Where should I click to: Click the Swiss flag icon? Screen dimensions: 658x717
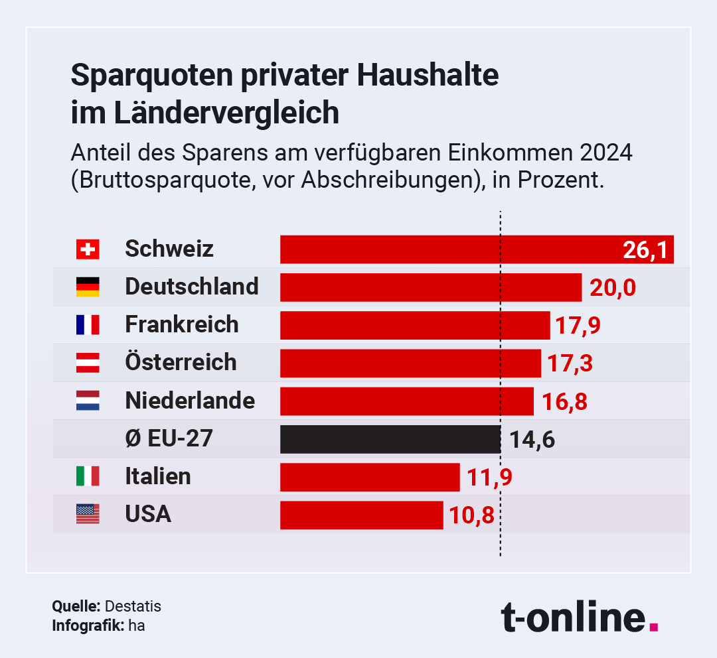(88, 249)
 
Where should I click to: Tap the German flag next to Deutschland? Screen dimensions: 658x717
(88, 287)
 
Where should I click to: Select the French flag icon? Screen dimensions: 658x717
(88, 324)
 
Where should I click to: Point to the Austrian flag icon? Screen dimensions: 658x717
(88, 362)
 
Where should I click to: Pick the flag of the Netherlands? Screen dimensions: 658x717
(88, 401)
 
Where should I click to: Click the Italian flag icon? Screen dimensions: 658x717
(88, 476)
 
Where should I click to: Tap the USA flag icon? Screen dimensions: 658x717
(88, 514)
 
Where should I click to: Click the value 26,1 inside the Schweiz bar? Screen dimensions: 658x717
(645, 250)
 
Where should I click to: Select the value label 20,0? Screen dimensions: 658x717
(612, 288)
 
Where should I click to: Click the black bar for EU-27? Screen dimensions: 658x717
(390, 439)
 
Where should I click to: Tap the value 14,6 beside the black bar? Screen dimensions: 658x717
(532, 439)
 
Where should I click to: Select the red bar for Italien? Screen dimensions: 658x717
(370, 477)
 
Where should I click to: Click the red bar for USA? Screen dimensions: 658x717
(361, 515)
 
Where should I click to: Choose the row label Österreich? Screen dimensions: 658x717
(181, 362)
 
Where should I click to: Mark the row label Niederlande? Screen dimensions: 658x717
(190, 401)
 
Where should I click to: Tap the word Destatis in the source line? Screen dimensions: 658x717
(132, 606)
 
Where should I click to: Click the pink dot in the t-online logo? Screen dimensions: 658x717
(654, 625)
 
